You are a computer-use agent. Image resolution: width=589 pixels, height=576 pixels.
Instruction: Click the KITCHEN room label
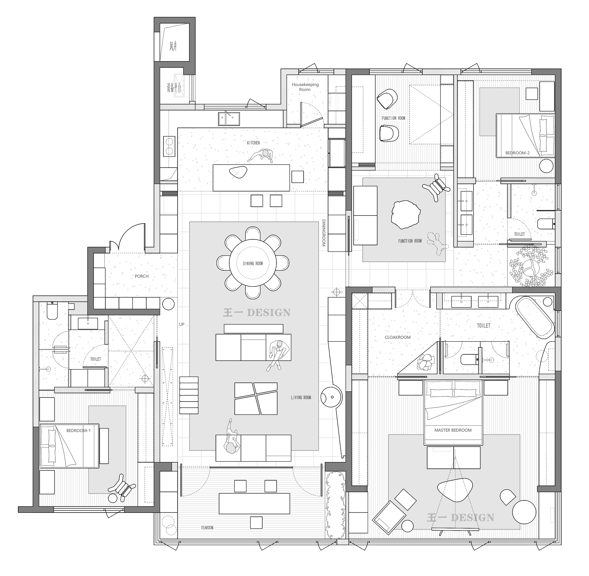tap(253, 143)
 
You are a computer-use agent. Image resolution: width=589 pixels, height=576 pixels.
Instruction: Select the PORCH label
tap(142, 276)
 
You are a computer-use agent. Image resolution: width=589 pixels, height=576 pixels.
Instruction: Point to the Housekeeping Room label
tap(305, 87)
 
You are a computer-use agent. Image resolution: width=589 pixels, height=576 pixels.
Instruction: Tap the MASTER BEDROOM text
tap(453, 430)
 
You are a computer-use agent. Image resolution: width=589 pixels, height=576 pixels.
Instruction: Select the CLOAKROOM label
tap(398, 337)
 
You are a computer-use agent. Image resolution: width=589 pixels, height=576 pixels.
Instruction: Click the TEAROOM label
tap(207, 528)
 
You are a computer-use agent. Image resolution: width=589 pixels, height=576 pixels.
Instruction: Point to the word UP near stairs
tap(182, 324)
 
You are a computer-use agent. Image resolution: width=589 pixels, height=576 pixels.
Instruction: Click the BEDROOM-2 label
tap(518, 153)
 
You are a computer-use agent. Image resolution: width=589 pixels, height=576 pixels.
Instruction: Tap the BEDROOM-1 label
tap(78, 431)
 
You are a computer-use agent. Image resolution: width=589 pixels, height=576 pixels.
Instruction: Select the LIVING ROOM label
tap(301, 397)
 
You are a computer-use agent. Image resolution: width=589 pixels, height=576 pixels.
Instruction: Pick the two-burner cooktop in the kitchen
tap(169, 146)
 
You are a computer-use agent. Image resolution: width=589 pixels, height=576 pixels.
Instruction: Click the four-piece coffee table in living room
tap(256, 398)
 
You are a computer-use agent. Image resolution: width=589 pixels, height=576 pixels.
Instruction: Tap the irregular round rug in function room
tap(406, 215)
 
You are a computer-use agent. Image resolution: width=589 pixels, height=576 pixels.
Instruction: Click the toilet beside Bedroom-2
tap(547, 224)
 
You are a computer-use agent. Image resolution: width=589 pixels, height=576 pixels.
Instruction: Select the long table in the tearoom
tap(254, 504)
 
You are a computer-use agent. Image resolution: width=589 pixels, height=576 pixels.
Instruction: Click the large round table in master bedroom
tap(524, 512)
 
